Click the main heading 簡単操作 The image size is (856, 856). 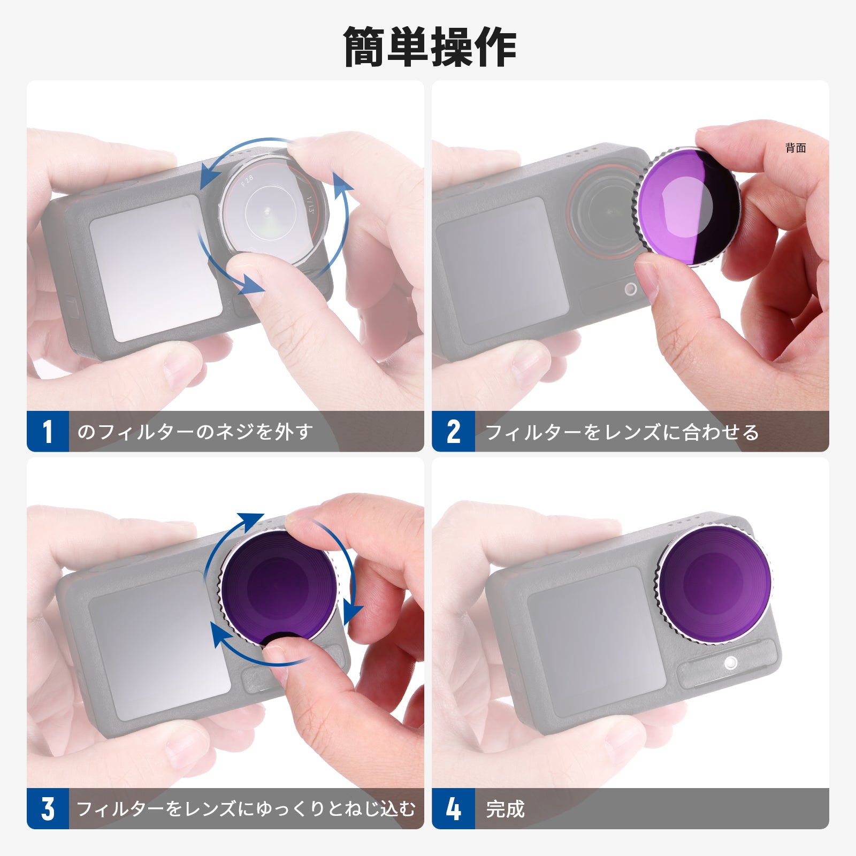pos(430,47)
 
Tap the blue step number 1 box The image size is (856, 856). pos(48,431)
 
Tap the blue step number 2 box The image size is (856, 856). pos(454,431)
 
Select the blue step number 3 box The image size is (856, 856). pos(48,808)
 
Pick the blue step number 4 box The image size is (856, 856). pos(454,808)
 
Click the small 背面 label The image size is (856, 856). pos(796,148)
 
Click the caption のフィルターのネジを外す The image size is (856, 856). pos(195,431)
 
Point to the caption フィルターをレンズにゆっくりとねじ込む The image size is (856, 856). pos(246,808)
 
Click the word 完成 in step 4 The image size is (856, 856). pos(506,809)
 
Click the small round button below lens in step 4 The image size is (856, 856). pos(730,664)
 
